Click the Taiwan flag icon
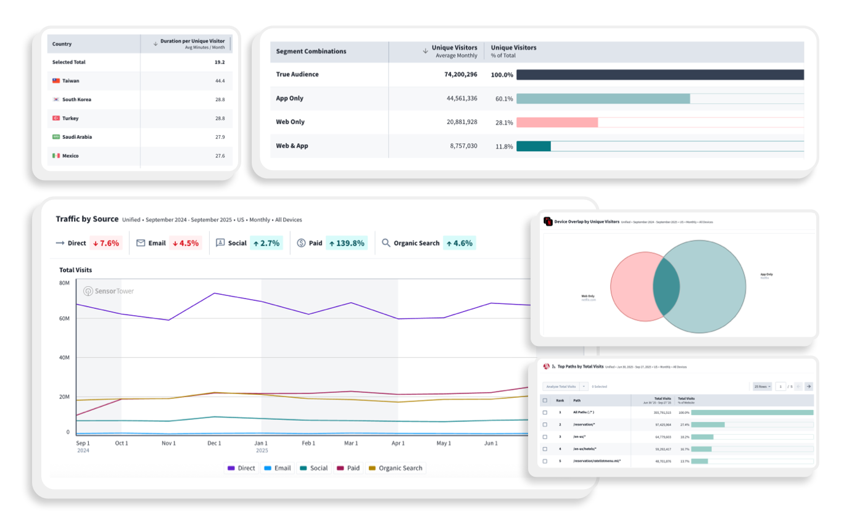point(56,81)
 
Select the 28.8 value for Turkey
point(220,118)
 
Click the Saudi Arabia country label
point(77,137)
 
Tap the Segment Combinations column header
point(311,52)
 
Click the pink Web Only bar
point(556,122)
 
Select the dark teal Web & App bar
point(533,146)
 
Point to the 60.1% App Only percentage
point(504,99)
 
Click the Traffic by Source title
point(87,219)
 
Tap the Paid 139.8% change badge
point(346,243)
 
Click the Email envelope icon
point(141,243)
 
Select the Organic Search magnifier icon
point(386,243)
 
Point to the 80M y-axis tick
point(64,283)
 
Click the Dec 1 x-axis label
point(214,443)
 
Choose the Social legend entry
point(313,468)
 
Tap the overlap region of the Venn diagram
point(666,287)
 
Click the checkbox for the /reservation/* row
point(545,424)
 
